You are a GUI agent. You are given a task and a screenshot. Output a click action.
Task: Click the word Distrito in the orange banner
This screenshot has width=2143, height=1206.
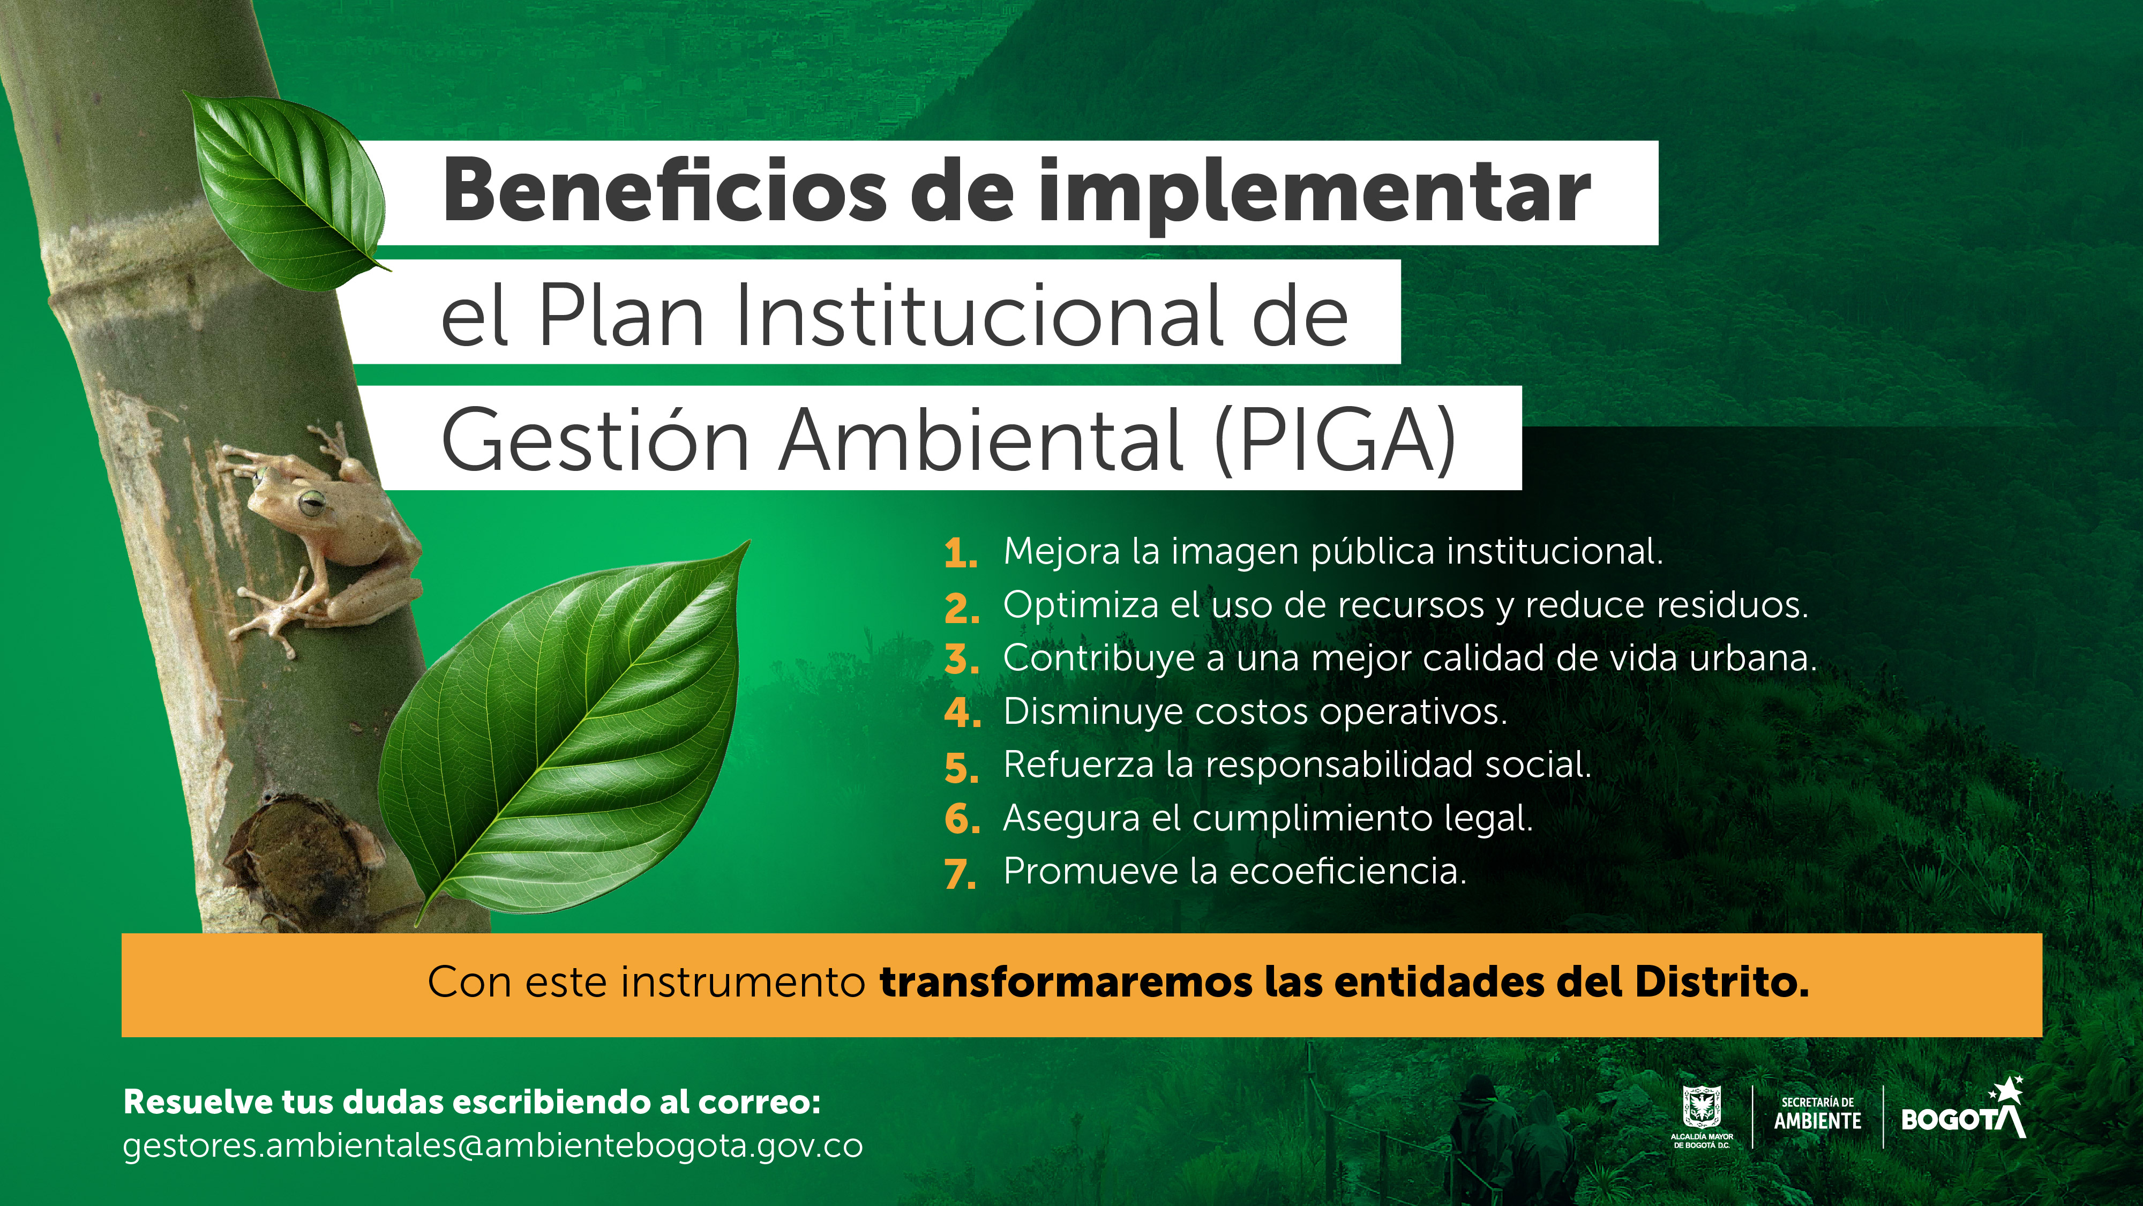(x=1721, y=982)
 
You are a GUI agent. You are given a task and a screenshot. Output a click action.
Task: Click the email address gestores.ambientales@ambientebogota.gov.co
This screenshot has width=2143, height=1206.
(x=492, y=1146)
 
